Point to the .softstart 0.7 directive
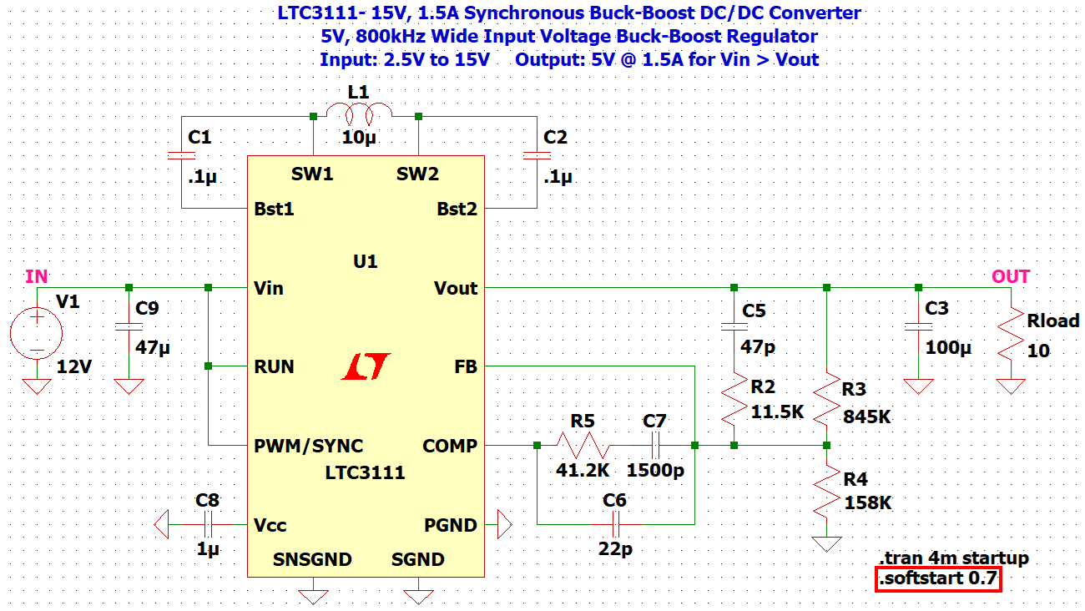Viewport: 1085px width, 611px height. pyautogui.click(x=937, y=578)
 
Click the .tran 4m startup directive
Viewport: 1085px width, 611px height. pyautogui.click(x=954, y=558)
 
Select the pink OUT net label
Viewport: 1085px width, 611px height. pyautogui.click(x=1010, y=276)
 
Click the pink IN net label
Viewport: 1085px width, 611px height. pyautogui.click(x=37, y=276)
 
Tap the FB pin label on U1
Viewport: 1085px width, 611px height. pyautogui.click(x=466, y=366)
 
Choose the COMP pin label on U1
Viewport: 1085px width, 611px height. pyautogui.click(x=451, y=446)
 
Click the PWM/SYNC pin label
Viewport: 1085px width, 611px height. pyautogui.click(x=309, y=446)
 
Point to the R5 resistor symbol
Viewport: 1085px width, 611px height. pyautogui.click(x=582, y=446)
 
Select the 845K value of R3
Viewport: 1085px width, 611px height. pyautogui.click(x=867, y=416)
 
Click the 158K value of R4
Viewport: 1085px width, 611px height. pyautogui.click(x=867, y=502)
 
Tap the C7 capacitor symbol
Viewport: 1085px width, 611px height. pyautogui.click(x=655, y=446)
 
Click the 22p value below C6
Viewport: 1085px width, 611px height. pyautogui.click(x=614, y=551)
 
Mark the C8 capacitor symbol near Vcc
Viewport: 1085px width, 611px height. pyautogui.click(x=208, y=525)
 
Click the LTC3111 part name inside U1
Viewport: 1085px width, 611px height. pyautogui.click(x=365, y=472)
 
